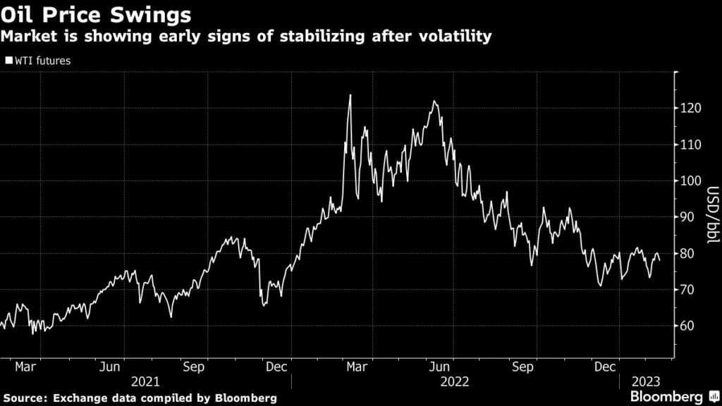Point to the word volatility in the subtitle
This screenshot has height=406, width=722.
coord(453,36)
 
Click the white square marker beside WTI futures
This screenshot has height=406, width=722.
coord(8,61)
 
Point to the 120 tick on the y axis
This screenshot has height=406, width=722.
coord(691,109)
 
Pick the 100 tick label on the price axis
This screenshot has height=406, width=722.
coord(691,181)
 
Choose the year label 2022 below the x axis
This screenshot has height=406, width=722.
coord(455,381)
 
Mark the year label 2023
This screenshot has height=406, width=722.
coord(645,381)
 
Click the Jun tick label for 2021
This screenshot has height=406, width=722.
coord(109,367)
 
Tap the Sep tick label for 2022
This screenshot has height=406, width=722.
coord(522,367)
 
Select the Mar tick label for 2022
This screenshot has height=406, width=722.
coord(357,367)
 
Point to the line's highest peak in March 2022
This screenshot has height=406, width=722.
coord(350,95)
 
